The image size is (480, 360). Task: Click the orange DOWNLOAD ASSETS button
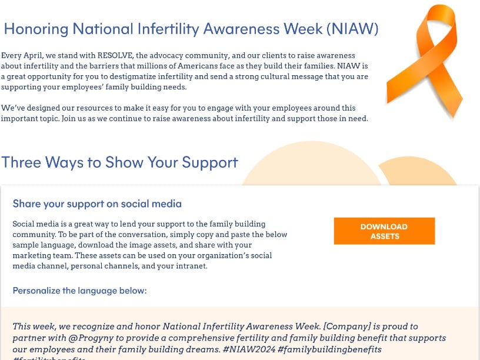point(384,231)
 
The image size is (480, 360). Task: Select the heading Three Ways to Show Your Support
point(119,162)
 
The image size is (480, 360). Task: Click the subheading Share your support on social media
point(97,204)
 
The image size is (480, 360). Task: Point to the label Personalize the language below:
point(79,291)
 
